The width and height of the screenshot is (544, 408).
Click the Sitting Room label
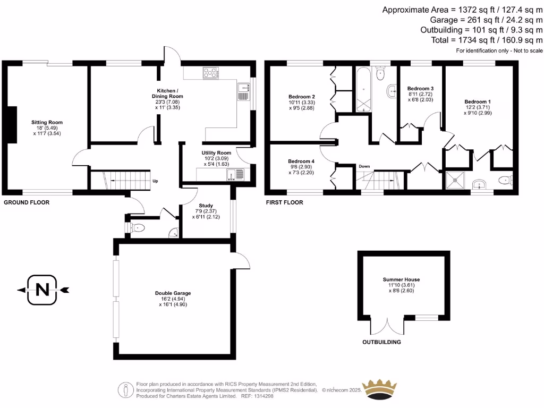click(x=47, y=122)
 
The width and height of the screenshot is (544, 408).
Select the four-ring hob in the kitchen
click(x=211, y=73)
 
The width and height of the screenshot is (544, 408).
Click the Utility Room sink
click(x=239, y=173)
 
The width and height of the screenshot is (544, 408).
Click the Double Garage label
click(x=173, y=293)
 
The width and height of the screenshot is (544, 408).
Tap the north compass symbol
click(x=41, y=290)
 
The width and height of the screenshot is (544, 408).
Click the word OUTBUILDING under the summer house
click(x=381, y=343)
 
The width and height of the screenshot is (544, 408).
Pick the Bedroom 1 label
click(x=478, y=101)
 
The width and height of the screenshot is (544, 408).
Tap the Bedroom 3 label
click(x=420, y=88)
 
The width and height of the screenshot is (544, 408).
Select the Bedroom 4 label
click(x=301, y=161)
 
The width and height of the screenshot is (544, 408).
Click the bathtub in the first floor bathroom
click(x=363, y=89)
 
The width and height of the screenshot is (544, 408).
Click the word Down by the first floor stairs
click(x=364, y=166)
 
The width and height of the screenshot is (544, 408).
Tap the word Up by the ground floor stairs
click(x=155, y=181)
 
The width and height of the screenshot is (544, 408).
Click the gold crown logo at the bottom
click(x=379, y=387)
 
